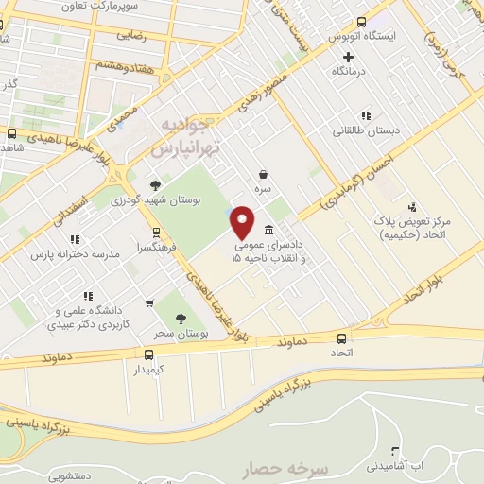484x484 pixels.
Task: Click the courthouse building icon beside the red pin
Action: pos(270,231)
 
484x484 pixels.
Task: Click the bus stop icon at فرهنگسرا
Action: pos(156,232)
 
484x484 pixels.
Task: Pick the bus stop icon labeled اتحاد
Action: pos(342,337)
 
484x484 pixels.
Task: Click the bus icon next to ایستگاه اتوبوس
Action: pos(364,21)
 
